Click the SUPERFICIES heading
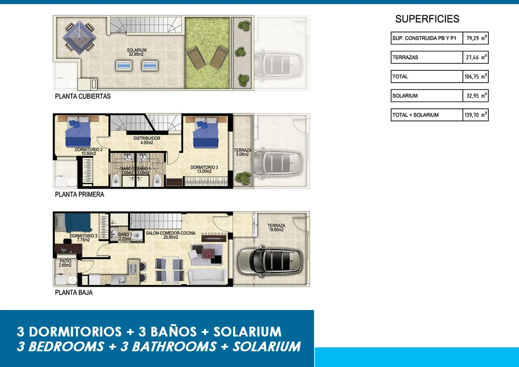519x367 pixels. (x=427, y=19)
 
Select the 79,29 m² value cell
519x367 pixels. (x=476, y=38)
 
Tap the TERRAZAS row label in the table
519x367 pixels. (x=405, y=57)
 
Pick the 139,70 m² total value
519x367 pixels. (x=476, y=115)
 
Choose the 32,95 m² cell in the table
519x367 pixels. (x=476, y=96)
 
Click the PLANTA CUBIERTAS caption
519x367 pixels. (x=83, y=97)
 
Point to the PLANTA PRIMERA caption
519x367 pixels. (x=79, y=194)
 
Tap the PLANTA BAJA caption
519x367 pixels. (x=74, y=292)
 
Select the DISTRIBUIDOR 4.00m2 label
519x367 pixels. (x=147, y=140)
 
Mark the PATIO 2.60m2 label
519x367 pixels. (x=65, y=263)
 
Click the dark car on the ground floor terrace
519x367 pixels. (x=270, y=261)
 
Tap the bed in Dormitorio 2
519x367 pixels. (x=78, y=131)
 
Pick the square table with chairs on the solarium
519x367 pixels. (x=79, y=37)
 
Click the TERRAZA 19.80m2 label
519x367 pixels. (x=276, y=227)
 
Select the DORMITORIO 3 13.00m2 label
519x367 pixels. (x=204, y=170)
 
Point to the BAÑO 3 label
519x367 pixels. (x=125, y=237)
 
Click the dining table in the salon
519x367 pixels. (x=169, y=270)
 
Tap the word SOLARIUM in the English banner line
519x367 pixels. (x=267, y=346)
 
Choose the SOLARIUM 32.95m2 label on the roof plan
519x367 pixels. (x=136, y=52)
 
